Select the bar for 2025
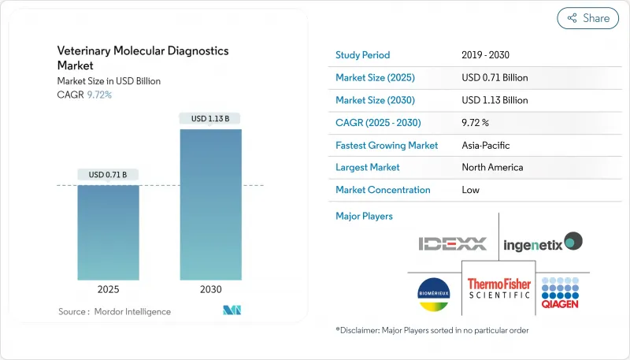point(108,232)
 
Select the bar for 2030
point(210,205)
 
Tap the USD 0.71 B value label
point(108,174)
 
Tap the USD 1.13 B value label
point(210,119)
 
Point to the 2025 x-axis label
point(108,289)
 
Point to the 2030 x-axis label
point(210,289)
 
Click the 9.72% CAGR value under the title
point(98,95)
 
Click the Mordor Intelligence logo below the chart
point(232,311)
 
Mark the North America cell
point(492,167)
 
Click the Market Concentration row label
point(383,190)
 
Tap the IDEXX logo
point(453,243)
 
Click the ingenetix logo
point(543,243)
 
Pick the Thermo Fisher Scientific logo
point(499,293)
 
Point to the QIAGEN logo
point(561,293)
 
